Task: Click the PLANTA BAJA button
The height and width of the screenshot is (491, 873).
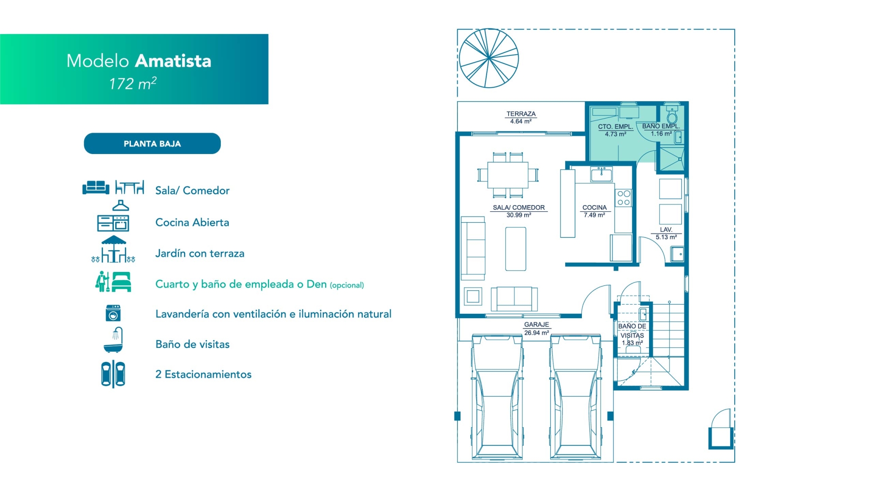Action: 152,144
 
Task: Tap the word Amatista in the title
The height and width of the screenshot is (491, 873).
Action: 173,61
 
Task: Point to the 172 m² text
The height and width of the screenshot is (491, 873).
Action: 133,83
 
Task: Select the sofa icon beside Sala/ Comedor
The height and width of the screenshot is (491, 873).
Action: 96,187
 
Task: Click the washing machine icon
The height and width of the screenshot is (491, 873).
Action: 113,313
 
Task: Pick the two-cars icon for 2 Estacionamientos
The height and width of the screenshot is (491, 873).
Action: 113,374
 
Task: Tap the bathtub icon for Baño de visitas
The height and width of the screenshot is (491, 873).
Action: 113,340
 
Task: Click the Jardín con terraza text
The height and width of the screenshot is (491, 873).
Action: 200,254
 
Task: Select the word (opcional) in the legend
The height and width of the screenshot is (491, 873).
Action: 347,285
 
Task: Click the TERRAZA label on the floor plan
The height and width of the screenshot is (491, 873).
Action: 521,114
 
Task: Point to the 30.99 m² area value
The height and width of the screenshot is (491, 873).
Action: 519,215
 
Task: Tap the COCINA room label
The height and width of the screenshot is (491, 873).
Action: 595,208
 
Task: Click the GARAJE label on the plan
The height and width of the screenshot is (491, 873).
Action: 536,325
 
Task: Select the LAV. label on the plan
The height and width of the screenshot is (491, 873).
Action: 666,230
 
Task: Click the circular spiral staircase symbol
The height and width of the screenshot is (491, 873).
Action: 489,58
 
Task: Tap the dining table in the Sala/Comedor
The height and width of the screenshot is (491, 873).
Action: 508,175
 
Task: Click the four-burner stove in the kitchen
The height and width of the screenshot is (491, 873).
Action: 624,198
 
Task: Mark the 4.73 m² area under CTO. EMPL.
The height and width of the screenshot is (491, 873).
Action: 615,134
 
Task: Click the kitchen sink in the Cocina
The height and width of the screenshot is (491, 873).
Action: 601,174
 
